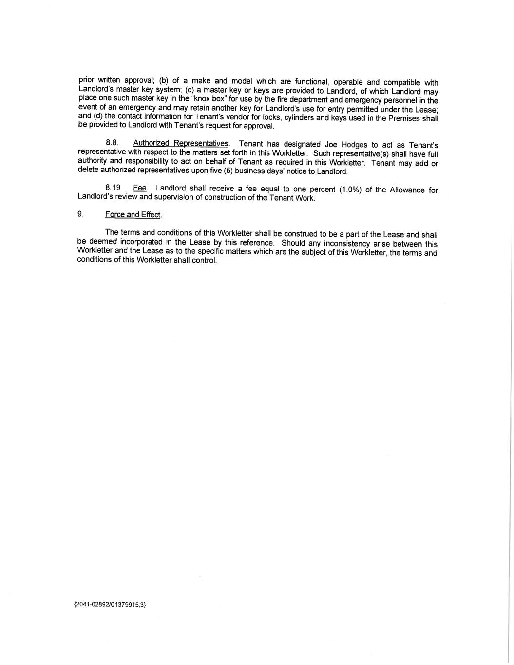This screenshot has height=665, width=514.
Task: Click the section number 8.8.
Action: [112, 143]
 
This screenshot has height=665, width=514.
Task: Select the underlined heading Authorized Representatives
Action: [180, 143]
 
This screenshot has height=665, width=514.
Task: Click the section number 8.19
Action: [113, 188]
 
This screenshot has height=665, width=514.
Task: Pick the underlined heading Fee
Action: [139, 188]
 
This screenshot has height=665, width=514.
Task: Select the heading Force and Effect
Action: [133, 215]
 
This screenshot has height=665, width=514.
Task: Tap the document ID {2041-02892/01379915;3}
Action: [110, 605]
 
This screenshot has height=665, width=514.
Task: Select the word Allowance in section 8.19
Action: [407, 190]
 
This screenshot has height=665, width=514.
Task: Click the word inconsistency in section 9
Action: [347, 244]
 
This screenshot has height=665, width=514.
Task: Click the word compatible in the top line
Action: [401, 82]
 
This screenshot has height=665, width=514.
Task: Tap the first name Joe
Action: [331, 145]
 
